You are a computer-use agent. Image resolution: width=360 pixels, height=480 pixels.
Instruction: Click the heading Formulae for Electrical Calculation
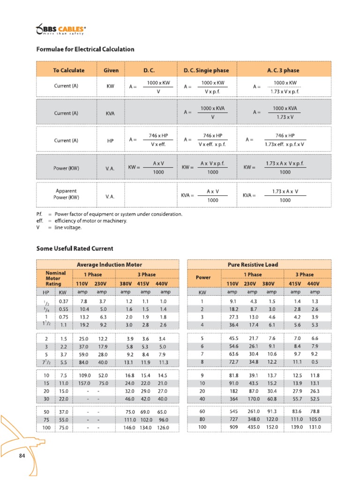click(85, 49)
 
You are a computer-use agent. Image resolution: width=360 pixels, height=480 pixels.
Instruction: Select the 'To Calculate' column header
click(68, 70)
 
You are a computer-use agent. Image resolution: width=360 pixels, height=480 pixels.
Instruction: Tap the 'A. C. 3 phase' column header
click(283, 70)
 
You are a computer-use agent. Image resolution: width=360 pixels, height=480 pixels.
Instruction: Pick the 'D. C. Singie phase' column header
click(206, 70)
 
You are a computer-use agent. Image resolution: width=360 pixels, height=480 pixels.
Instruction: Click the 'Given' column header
click(111, 70)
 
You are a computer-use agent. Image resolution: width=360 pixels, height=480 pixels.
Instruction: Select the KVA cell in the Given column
click(111, 113)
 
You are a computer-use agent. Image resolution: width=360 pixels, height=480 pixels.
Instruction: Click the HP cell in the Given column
click(111, 140)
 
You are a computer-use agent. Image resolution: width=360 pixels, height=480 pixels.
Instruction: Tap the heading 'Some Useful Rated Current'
click(75, 248)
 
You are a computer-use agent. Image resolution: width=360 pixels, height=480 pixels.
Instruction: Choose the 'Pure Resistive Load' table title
click(253, 265)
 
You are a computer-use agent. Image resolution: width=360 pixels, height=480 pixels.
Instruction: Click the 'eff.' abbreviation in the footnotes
click(40, 221)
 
